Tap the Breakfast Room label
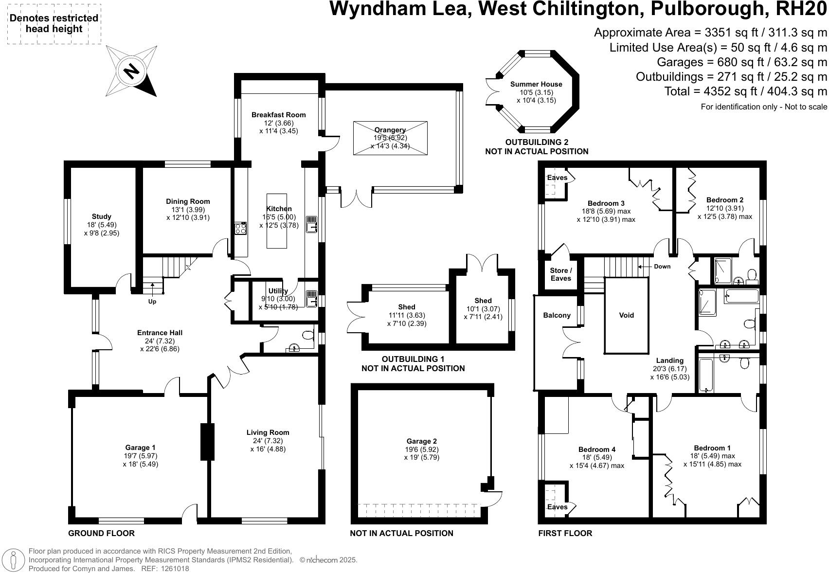[278, 115]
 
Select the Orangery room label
[390, 130]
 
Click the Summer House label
[536, 84]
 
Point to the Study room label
[101, 216]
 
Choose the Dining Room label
[188, 201]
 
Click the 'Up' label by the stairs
[152, 302]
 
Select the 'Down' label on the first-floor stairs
[662, 267]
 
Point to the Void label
[626, 315]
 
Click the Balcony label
[557, 315]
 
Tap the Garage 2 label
[421, 441]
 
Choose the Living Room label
[268, 432]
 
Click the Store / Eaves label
[560, 274]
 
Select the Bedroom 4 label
[597, 449]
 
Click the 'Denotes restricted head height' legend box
[54, 24]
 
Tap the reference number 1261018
[173, 568]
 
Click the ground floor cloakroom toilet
[307, 335]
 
